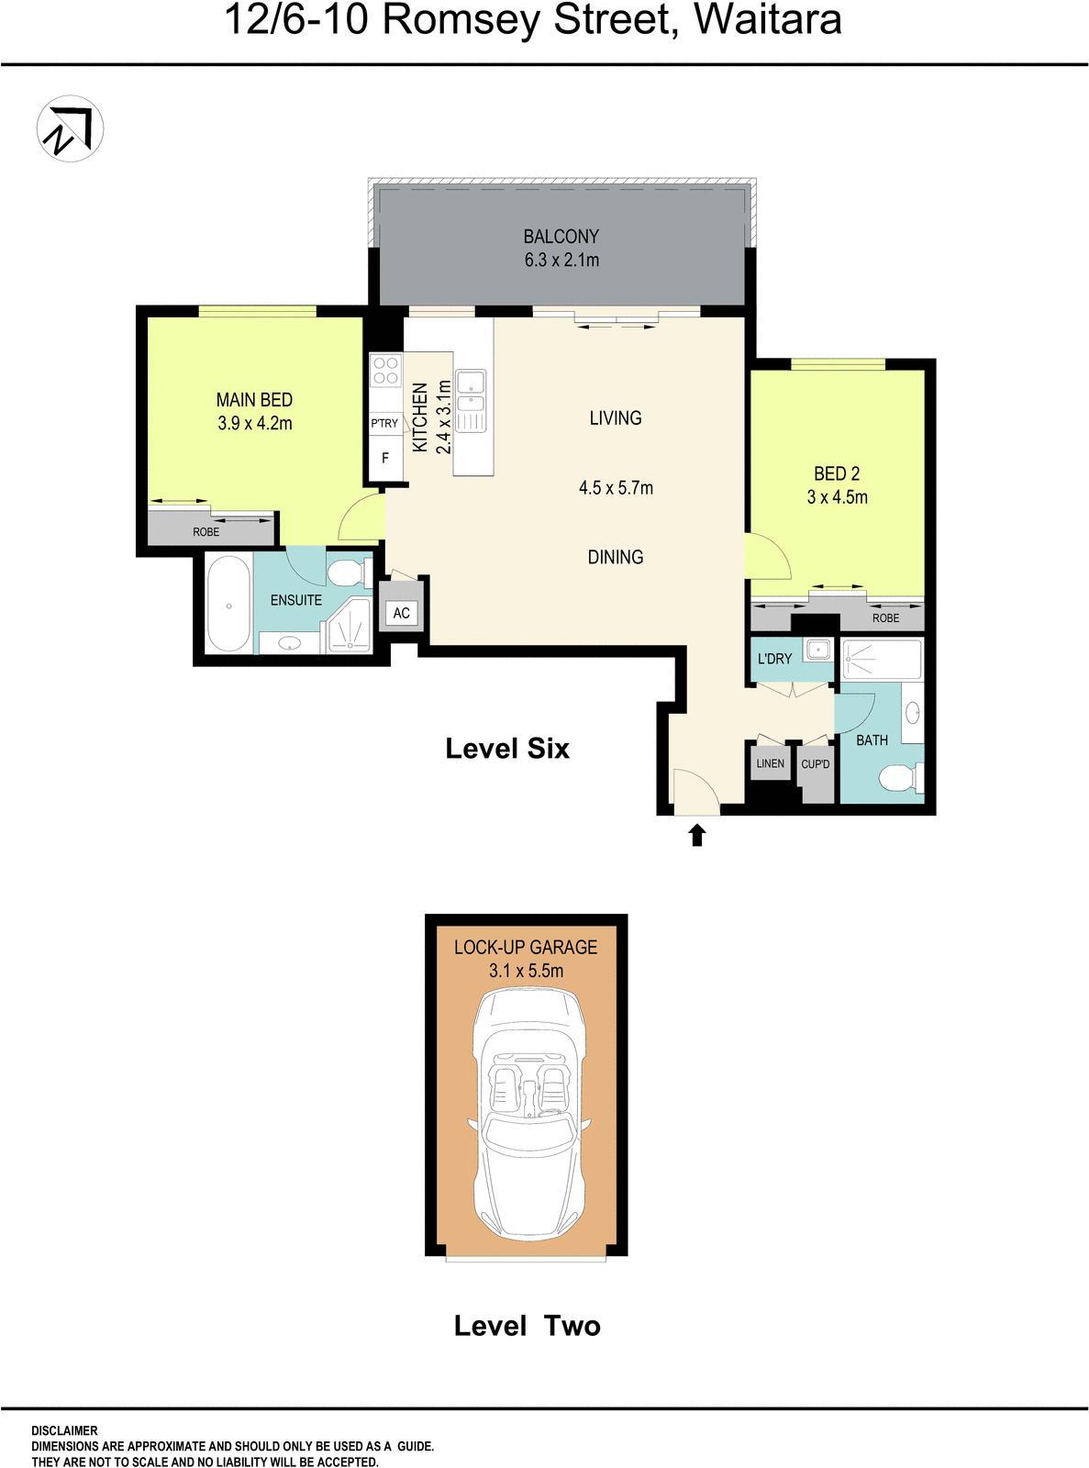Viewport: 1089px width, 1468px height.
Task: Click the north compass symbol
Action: pyautogui.click(x=70, y=129)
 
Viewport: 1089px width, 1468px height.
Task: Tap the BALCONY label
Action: pyautogui.click(x=561, y=237)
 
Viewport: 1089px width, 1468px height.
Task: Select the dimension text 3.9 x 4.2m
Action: pyautogui.click(x=255, y=423)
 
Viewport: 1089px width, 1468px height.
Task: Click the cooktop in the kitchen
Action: pyautogui.click(x=386, y=371)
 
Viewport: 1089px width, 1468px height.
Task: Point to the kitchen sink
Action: pyautogui.click(x=471, y=391)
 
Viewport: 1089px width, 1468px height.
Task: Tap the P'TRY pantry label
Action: pyautogui.click(x=384, y=423)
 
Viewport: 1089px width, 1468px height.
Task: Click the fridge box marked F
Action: pyautogui.click(x=385, y=458)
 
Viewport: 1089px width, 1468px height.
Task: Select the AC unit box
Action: pyautogui.click(x=402, y=613)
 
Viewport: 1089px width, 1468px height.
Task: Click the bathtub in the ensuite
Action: pyautogui.click(x=228, y=605)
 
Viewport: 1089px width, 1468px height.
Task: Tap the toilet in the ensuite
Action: pyautogui.click(x=346, y=573)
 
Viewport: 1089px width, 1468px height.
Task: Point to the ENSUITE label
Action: pyautogui.click(x=295, y=600)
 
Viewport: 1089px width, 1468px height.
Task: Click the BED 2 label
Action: pyautogui.click(x=837, y=473)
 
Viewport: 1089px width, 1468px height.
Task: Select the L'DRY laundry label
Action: pyautogui.click(x=774, y=659)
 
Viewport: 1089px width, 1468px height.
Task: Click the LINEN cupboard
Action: pyautogui.click(x=771, y=763)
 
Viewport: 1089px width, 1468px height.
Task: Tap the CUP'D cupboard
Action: pyautogui.click(x=815, y=764)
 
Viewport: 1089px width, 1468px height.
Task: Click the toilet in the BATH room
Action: pyautogui.click(x=898, y=780)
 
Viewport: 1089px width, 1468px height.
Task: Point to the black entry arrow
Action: pyautogui.click(x=697, y=834)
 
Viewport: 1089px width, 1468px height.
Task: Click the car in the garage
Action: pyautogui.click(x=528, y=1115)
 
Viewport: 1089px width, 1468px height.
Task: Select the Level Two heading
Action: pyautogui.click(x=527, y=1326)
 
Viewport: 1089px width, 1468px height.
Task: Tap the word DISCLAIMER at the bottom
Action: pyautogui.click(x=64, y=1430)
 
